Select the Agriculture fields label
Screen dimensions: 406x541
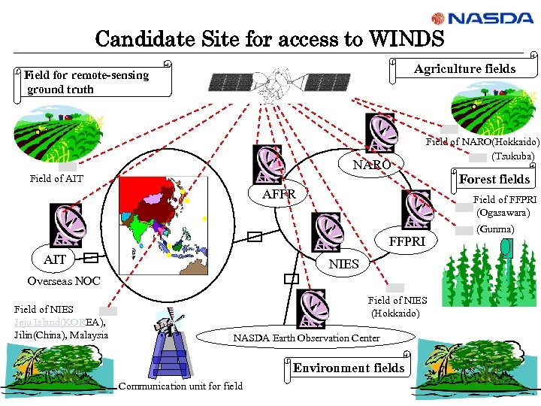pos(464,69)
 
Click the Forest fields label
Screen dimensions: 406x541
pos(494,179)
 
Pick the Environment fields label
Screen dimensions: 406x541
pos(348,368)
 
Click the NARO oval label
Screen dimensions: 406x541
pos(372,165)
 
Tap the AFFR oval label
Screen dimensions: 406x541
pos(279,195)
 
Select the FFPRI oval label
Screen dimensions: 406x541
pos(407,241)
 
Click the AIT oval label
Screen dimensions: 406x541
pos(55,259)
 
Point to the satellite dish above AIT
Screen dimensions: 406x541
pos(66,224)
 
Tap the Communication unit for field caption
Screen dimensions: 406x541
pos(180,386)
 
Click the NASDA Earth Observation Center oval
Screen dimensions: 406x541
pos(306,338)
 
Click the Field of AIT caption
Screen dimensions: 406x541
pos(56,178)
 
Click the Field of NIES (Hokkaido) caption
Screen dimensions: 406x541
pos(397,307)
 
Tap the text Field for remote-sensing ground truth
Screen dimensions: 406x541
pos(86,82)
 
